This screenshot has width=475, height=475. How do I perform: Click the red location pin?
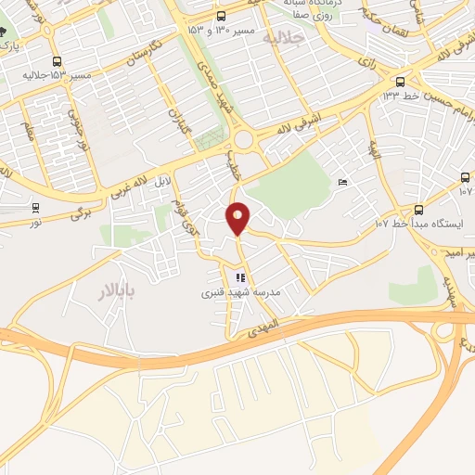pyautogui.click(x=239, y=218)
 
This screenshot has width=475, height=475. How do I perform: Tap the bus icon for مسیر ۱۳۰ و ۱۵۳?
pyautogui.click(x=221, y=16)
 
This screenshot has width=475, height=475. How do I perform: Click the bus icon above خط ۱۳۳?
pyautogui.click(x=400, y=81)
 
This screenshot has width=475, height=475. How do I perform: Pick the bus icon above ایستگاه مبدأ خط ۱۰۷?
pyautogui.click(x=418, y=209)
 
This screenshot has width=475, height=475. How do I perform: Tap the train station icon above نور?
pyautogui.click(x=35, y=207)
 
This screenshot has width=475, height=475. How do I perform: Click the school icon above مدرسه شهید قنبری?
pyautogui.click(x=239, y=277)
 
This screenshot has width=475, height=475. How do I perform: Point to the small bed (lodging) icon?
pyautogui.click(x=343, y=182)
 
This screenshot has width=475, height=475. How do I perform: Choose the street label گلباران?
pyautogui.click(x=178, y=120)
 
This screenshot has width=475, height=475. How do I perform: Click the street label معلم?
pyautogui.click(x=29, y=132)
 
